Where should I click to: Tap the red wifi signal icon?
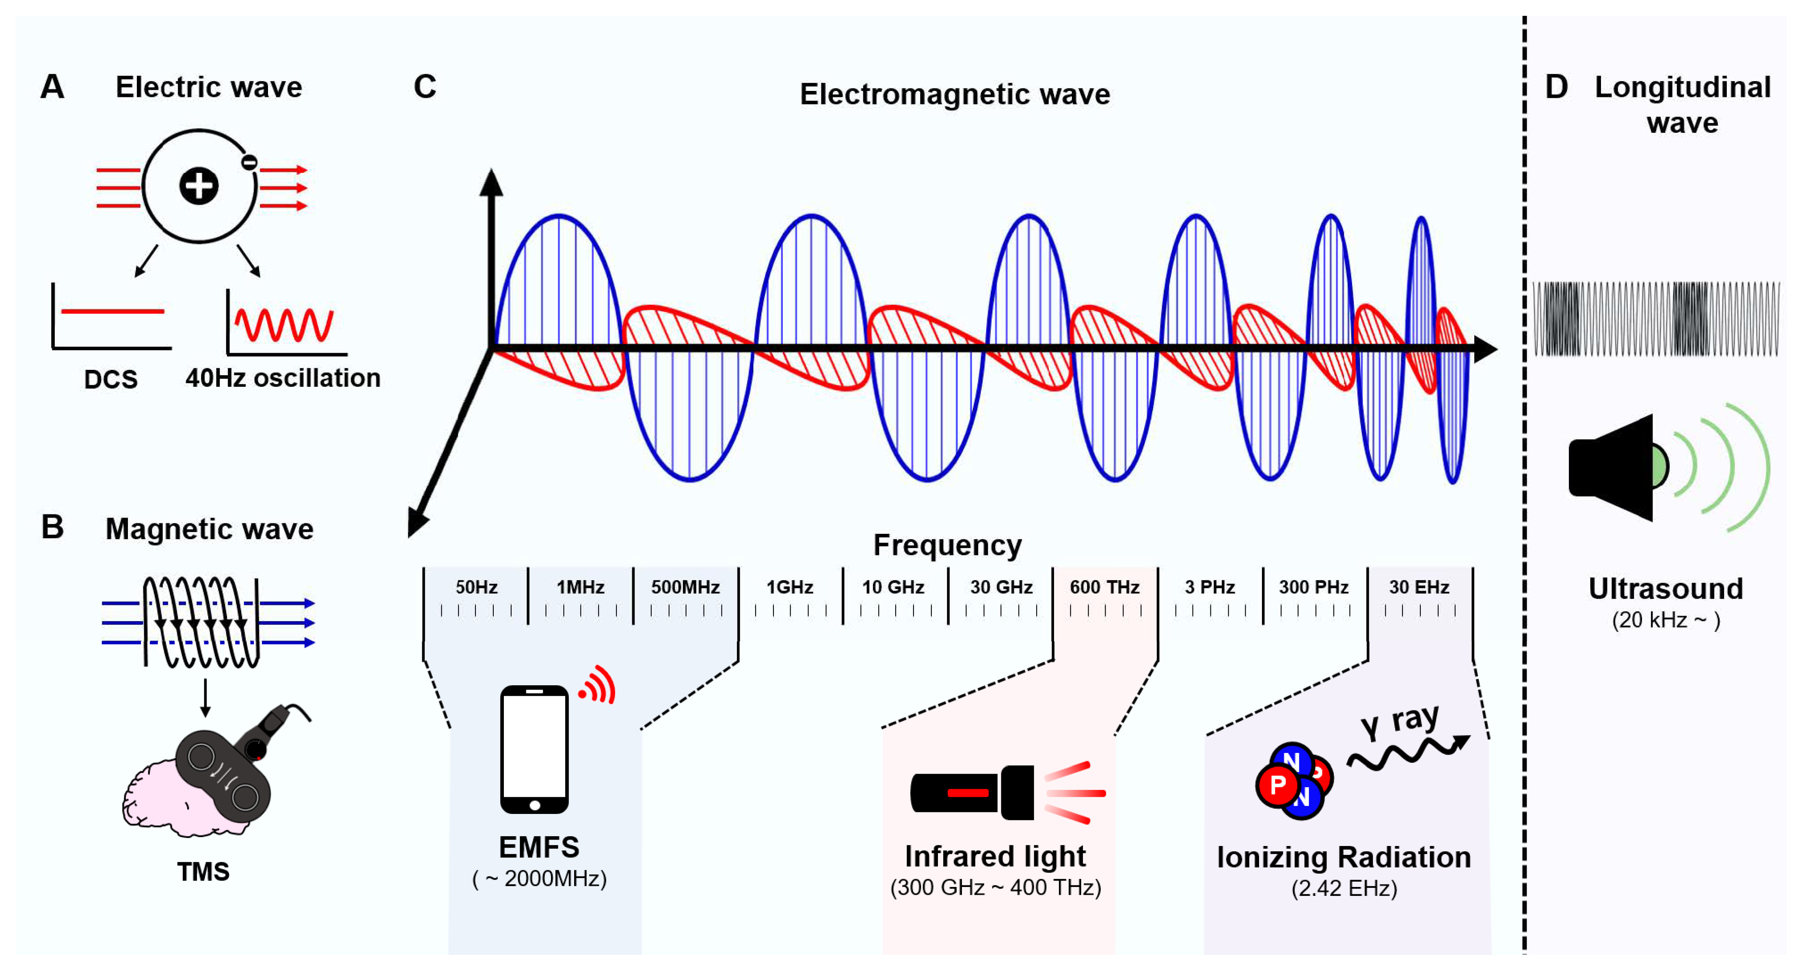597,685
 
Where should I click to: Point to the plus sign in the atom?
199,186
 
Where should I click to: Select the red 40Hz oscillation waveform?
284,324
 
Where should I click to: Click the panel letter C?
425,87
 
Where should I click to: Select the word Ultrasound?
1665,589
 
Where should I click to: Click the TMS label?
203,872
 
